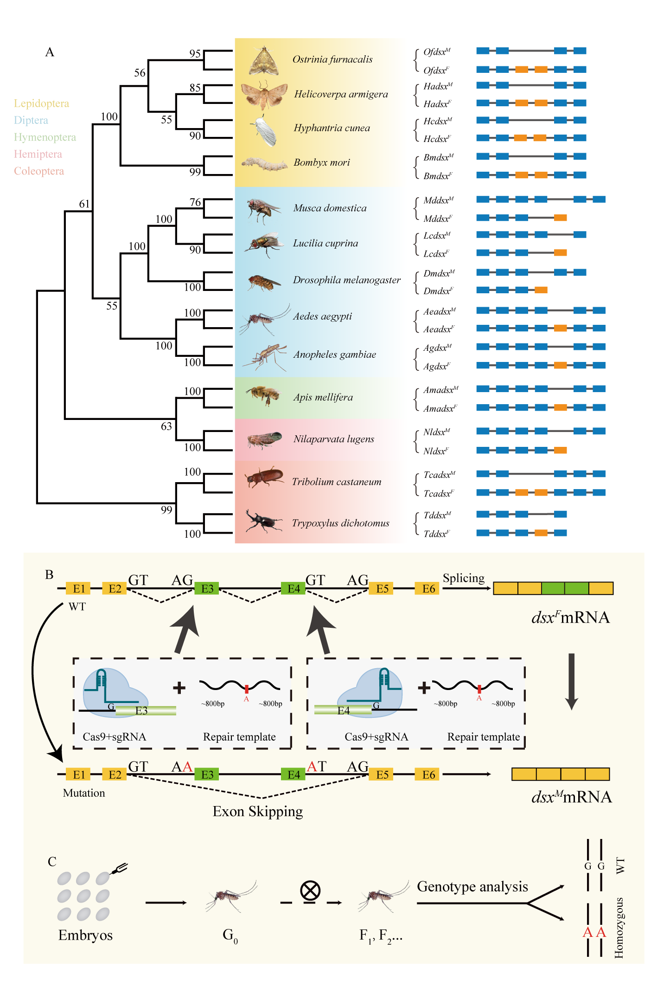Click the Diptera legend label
pos(31,120)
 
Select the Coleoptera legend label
pos(39,171)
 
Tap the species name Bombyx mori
pos(321,162)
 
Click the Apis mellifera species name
pos(323,397)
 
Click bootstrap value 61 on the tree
pos(84,204)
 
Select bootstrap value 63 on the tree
pos(166,426)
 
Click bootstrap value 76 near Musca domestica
pos(195,202)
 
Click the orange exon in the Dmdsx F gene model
pos(541,290)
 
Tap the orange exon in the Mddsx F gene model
pos(560,218)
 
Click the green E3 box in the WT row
pos(207,588)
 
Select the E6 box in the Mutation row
pos(428,774)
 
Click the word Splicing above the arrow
pos(463,578)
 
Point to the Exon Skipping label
pos(257,812)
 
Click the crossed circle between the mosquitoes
pos(310,890)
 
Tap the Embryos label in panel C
pos(85,935)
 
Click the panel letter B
pos(49,574)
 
